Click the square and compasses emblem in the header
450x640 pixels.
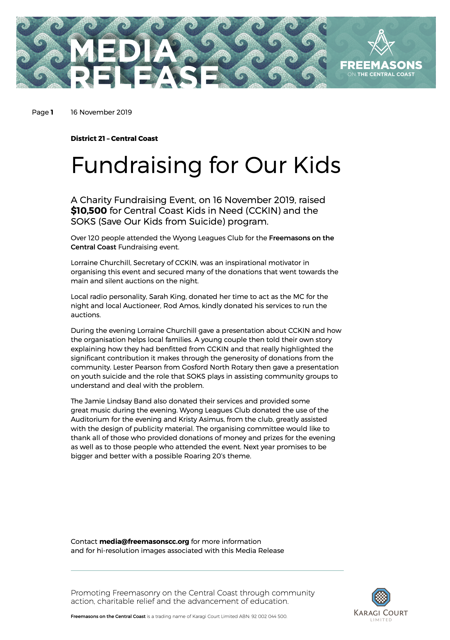click(381, 43)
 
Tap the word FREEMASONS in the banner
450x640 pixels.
click(381, 65)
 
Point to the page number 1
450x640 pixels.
click(52, 112)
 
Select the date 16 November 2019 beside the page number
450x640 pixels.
click(101, 112)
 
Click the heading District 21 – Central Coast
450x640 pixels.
click(114, 139)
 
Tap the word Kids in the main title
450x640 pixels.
click(317, 165)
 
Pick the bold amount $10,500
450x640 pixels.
click(88, 211)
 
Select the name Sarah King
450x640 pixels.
click(167, 296)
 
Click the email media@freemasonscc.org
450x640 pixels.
click(144, 541)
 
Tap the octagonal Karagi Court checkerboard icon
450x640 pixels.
click(381, 597)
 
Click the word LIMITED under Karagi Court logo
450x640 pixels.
click(381, 620)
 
